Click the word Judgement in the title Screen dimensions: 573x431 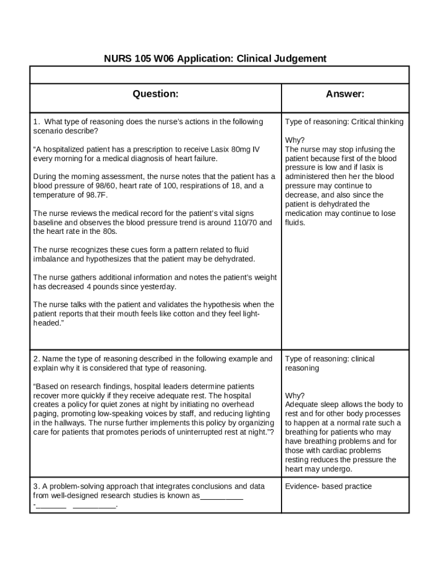click(x=299, y=58)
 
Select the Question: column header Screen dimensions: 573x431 click(x=156, y=94)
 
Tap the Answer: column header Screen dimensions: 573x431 click(x=345, y=94)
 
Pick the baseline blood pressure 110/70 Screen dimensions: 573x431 click(x=245, y=222)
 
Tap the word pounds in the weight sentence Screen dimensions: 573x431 click(x=114, y=286)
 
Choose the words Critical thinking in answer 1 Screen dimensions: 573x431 click(x=377, y=122)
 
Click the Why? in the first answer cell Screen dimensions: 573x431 click(x=295, y=140)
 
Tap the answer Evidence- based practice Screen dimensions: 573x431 click(x=328, y=486)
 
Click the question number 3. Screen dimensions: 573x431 click(x=36, y=486)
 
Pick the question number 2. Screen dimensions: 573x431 click(x=36, y=359)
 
